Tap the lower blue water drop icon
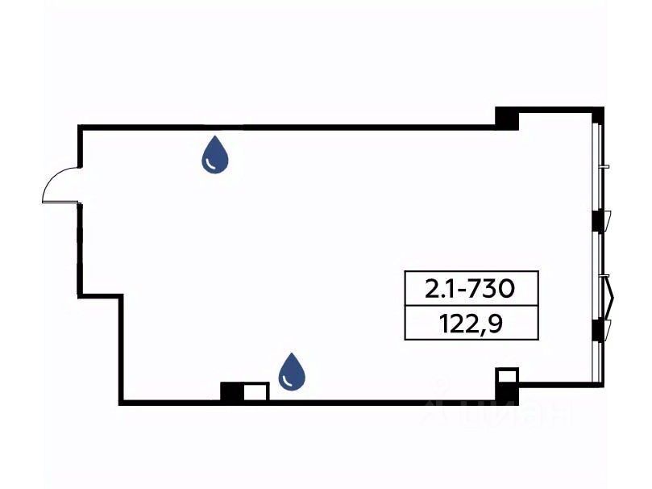[292, 372]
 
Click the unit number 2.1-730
[470, 287]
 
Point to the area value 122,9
[476, 324]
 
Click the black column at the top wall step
[507, 118]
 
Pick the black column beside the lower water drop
[231, 391]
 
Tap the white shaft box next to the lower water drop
[255, 392]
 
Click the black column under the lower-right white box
[506, 395]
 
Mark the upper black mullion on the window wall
[597, 219]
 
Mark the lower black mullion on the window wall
[597, 329]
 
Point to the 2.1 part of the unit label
[439, 287]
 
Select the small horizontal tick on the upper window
[604, 166]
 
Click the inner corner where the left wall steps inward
[122, 297]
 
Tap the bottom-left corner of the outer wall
[121, 401]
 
